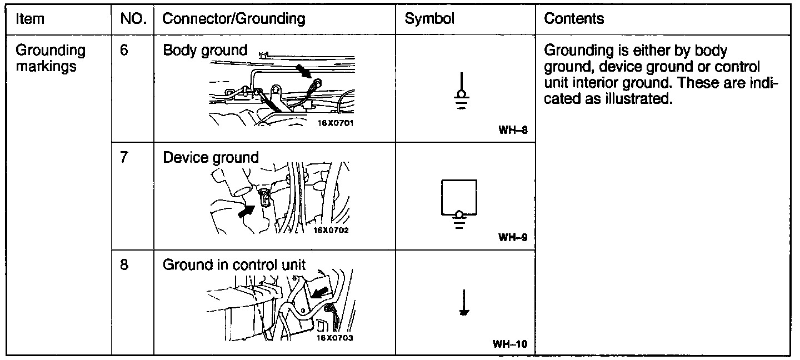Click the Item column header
pyautogui.click(x=30, y=19)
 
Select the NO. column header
pyautogui.click(x=133, y=19)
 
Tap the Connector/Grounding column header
pyautogui.click(x=233, y=19)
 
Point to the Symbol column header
pyautogui.click(x=429, y=19)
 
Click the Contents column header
pyautogui.click(x=574, y=19)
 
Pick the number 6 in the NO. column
pyautogui.click(x=124, y=51)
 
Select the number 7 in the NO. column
pyautogui.click(x=124, y=158)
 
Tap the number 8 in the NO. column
pyautogui.click(x=124, y=265)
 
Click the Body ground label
pyautogui.click(x=205, y=51)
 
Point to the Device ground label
pyautogui.click(x=211, y=158)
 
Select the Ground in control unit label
pyautogui.click(x=234, y=265)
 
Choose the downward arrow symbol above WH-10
pyautogui.click(x=462, y=302)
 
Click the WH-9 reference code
pyautogui.click(x=512, y=237)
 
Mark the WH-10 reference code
pyautogui.click(x=509, y=344)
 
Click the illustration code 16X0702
pyautogui.click(x=331, y=230)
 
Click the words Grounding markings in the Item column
pyautogui.click(x=51, y=58)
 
